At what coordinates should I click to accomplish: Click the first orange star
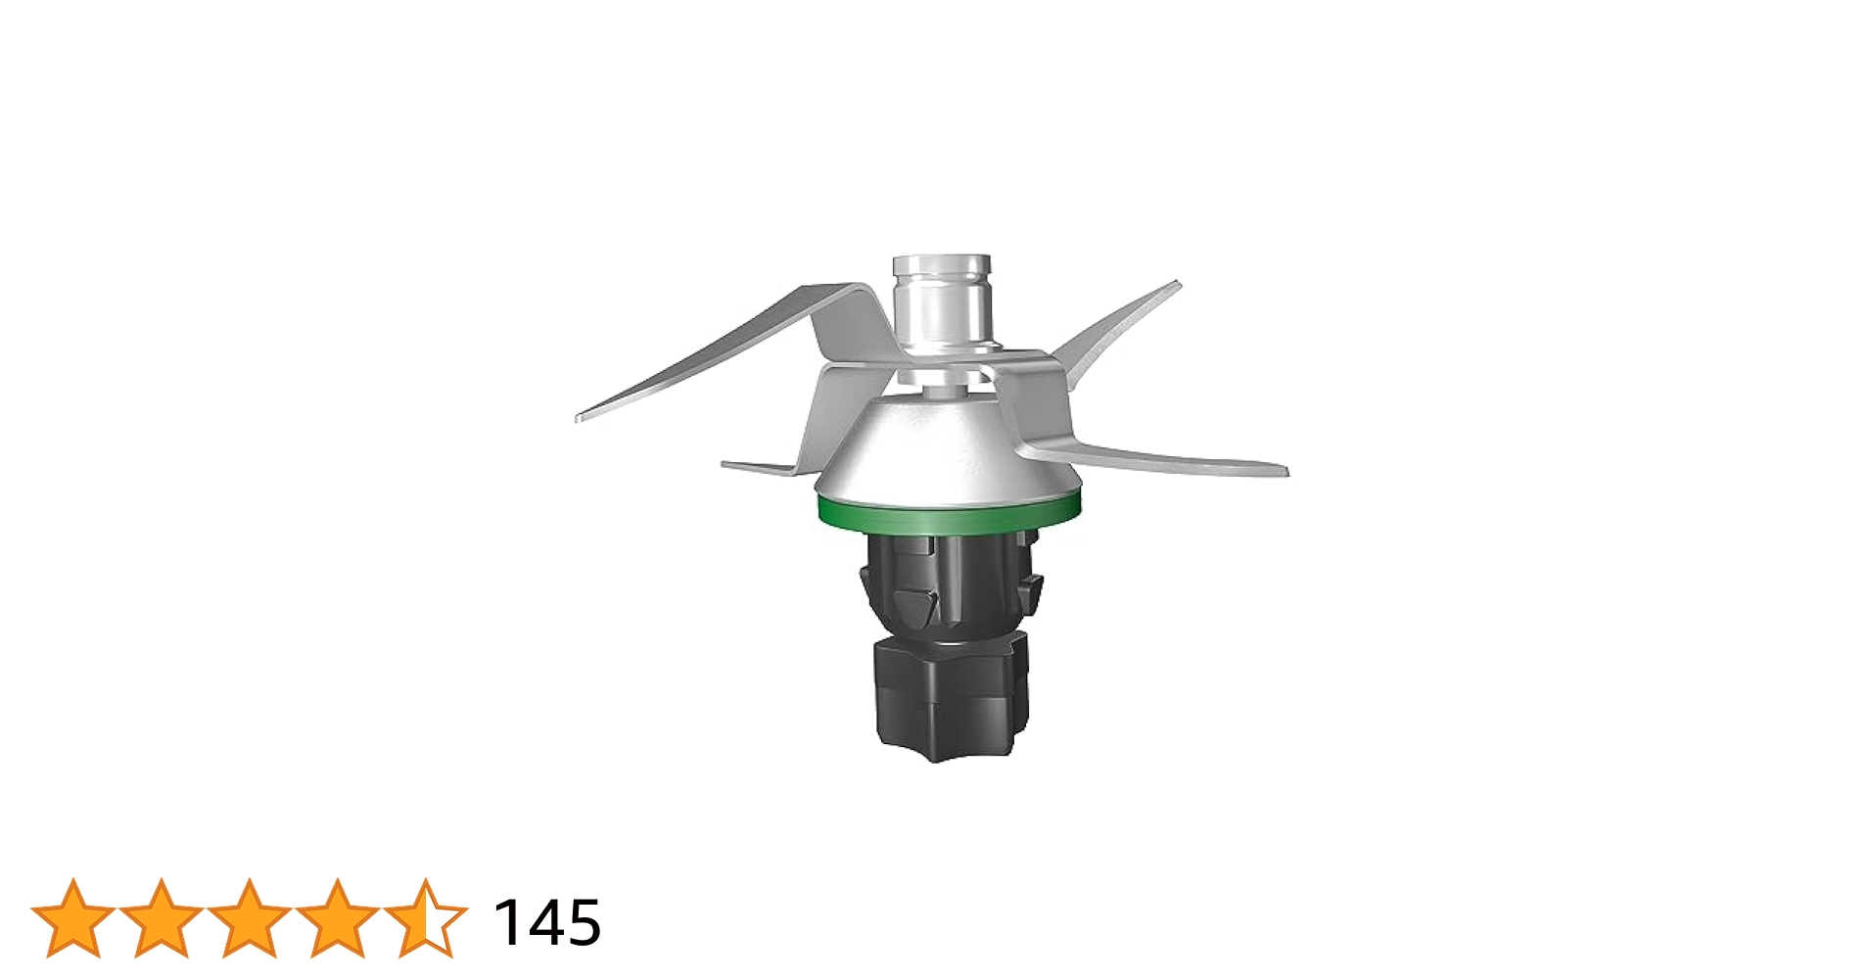coord(73,918)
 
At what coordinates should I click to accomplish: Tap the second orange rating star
coord(162,918)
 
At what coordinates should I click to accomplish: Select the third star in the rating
coord(250,918)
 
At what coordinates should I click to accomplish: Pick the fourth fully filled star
coord(338,918)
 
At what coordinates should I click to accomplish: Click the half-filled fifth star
coord(426,918)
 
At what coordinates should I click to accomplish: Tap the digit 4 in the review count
coord(545,922)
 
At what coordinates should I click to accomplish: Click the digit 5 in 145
coord(584,922)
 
